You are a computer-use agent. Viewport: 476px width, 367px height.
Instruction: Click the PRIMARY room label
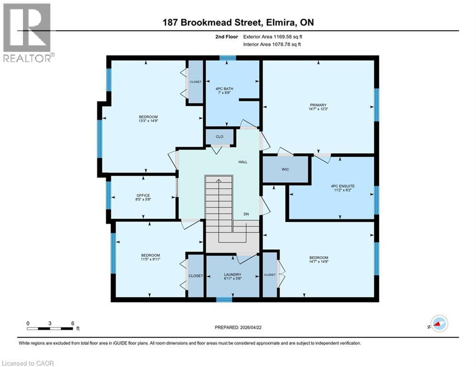coord(318,105)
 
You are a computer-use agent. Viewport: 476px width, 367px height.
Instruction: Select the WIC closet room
coord(285,169)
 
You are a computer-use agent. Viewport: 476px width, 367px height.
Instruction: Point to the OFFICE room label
coord(143,195)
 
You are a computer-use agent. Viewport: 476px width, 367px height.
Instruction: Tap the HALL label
coord(243,162)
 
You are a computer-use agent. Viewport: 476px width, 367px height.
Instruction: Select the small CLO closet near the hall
coord(219,137)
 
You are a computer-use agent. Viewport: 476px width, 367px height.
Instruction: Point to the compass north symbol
coord(439,324)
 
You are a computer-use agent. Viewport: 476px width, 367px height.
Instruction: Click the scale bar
coord(50,328)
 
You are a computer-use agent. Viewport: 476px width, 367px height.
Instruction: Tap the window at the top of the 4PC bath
coord(228,58)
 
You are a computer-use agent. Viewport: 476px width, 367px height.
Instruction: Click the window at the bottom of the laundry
coord(223,300)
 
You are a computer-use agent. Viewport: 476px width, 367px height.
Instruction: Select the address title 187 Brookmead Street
coord(238,22)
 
